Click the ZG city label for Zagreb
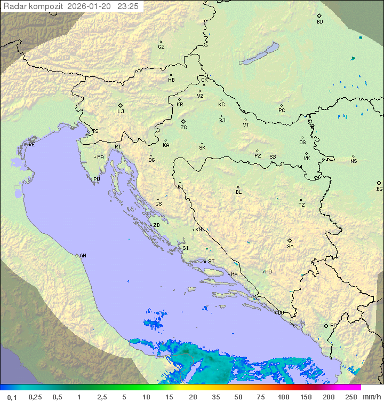click(x=183, y=128)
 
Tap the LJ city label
click(x=121, y=112)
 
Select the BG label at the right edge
click(x=379, y=189)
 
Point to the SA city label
click(x=290, y=247)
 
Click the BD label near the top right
click(x=319, y=22)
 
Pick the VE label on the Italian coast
click(x=31, y=145)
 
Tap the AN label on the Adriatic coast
click(x=83, y=256)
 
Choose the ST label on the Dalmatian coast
click(x=211, y=262)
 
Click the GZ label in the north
click(x=161, y=47)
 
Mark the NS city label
click(x=354, y=161)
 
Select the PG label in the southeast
click(x=333, y=326)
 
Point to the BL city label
click(x=238, y=192)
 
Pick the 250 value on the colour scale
click(x=350, y=397)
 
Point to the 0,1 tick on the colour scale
click(x=12, y=397)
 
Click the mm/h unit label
click(x=372, y=397)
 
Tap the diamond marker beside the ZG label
click(x=183, y=122)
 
